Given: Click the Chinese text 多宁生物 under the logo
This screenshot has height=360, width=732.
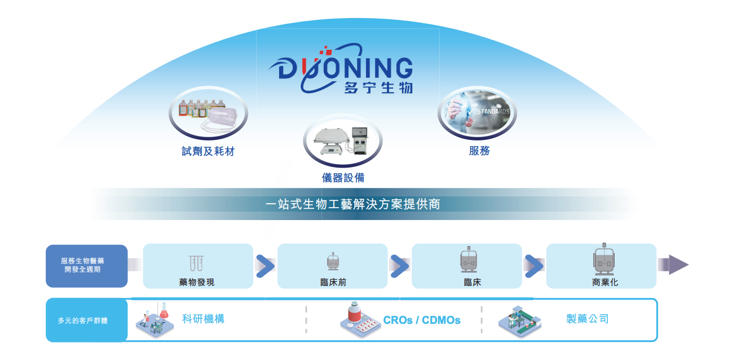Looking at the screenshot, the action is pyautogui.click(x=378, y=87).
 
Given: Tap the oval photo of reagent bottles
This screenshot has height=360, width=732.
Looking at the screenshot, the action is pyautogui.click(x=208, y=113).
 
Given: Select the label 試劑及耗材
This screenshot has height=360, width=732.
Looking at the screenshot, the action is pyautogui.click(x=208, y=151).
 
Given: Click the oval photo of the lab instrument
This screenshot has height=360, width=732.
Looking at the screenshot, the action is pyautogui.click(x=342, y=141).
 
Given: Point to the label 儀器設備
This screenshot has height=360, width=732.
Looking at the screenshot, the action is pyautogui.click(x=343, y=178).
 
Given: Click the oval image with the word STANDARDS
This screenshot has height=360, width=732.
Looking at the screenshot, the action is pyautogui.click(x=477, y=113).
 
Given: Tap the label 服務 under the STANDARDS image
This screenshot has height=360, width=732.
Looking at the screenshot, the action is pyautogui.click(x=479, y=151).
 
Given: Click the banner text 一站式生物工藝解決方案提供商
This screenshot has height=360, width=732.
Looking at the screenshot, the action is pyautogui.click(x=353, y=204).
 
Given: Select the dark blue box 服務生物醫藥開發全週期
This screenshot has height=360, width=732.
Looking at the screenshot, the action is pyautogui.click(x=87, y=266).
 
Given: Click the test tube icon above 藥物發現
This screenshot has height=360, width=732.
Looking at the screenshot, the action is pyautogui.click(x=196, y=263).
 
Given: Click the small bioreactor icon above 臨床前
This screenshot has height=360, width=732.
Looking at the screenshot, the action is pyautogui.click(x=333, y=261).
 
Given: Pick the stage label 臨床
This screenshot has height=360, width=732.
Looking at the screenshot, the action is pyautogui.click(x=472, y=282).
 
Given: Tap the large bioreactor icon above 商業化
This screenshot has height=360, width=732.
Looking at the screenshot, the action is pyautogui.click(x=604, y=259).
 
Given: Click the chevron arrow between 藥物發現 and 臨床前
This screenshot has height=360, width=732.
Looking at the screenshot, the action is pyautogui.click(x=266, y=266).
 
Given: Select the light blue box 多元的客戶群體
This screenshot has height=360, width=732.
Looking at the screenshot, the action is pyautogui.click(x=87, y=320).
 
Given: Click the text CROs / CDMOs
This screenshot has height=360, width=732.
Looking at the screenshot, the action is pyautogui.click(x=422, y=320).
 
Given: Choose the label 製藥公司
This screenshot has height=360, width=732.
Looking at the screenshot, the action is pyautogui.click(x=587, y=319).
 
